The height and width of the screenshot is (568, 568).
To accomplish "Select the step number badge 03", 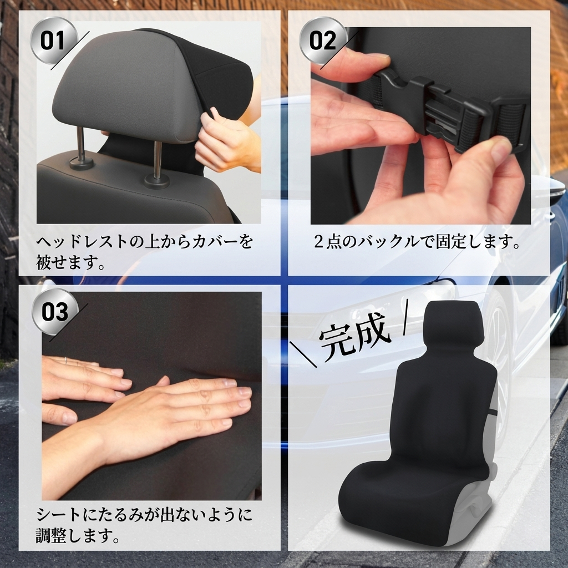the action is tap(55, 312).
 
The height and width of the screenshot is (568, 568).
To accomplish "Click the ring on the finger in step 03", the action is tap(66, 361).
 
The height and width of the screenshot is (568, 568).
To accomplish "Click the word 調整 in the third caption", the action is tap(51, 536).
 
